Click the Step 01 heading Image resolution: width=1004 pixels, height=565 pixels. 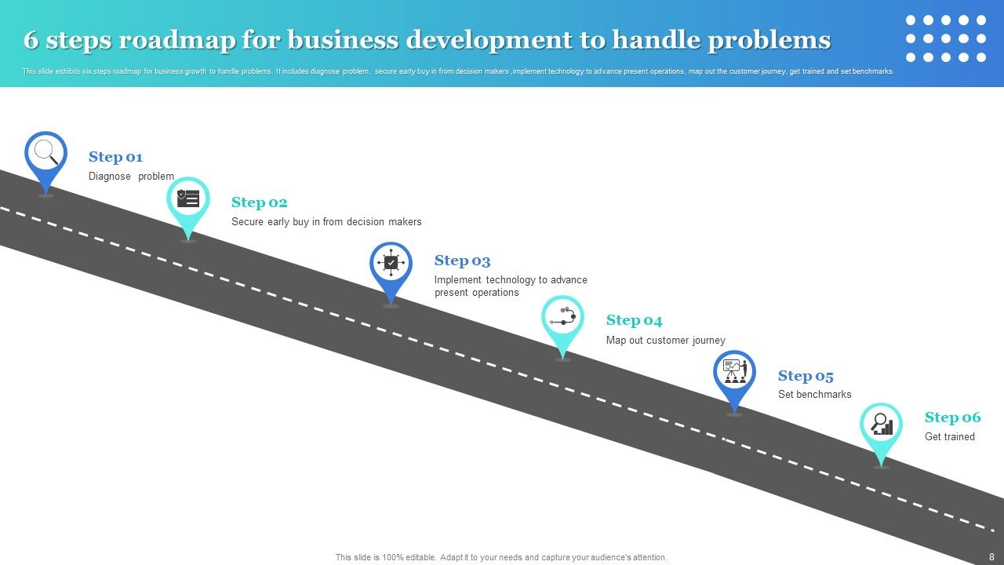pos(115,157)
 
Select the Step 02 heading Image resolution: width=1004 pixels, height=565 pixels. pos(259,202)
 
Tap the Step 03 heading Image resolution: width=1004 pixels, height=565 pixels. pos(462,261)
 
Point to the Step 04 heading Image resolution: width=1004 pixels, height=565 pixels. pos(634,320)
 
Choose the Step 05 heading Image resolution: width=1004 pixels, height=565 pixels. pos(806,376)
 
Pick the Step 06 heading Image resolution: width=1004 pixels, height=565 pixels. pos(952,417)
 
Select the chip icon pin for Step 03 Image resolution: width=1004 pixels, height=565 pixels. pos(391,264)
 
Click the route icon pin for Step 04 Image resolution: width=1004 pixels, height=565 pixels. pos(562,317)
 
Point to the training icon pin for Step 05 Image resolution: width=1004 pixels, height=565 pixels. pos(734,372)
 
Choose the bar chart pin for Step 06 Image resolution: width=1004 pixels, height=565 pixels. pos(882,425)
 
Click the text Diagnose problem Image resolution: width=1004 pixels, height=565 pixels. pos(131,177)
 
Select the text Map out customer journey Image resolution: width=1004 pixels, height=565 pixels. pos(665,341)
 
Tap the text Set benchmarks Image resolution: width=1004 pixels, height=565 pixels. pos(814,395)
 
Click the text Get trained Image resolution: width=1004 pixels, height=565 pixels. pos(949,437)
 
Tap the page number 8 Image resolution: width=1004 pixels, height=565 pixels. pos(991,556)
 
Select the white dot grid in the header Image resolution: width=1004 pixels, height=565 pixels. pos(945,38)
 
